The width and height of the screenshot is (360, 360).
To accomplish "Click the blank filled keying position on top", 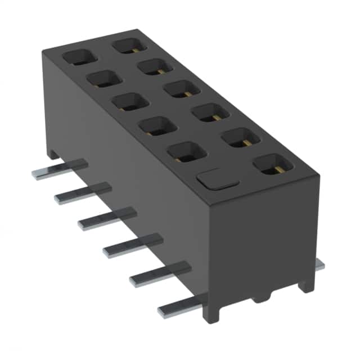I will (217, 178).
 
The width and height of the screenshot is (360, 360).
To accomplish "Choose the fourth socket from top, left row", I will (156, 126).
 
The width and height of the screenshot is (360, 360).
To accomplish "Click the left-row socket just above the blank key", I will (186, 151).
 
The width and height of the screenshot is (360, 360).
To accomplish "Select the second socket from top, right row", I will (155, 66).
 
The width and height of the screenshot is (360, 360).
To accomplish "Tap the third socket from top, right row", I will (182, 89).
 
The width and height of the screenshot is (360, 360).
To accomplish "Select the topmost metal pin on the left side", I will (59, 169).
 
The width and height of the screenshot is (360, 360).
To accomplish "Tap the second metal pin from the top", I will (82, 193).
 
